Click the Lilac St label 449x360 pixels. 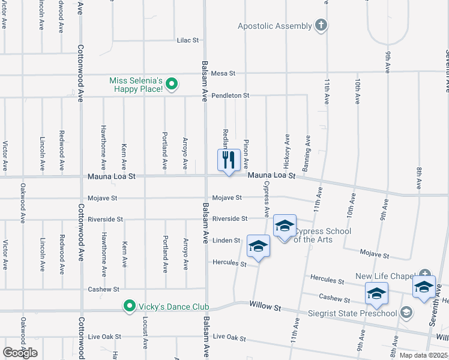pyautogui.click(x=187, y=40)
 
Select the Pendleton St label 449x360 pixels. pyautogui.click(x=230, y=95)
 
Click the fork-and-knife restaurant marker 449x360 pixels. pyautogui.click(x=228, y=160)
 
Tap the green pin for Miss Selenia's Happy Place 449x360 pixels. pyautogui.click(x=171, y=84)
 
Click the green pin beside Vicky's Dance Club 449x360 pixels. pyautogui.click(x=128, y=307)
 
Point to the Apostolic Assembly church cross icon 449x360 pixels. pyautogui.click(x=322, y=25)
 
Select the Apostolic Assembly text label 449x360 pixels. pyautogui.click(x=275, y=26)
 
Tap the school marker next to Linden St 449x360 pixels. pyautogui.click(x=259, y=246)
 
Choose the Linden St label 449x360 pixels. pyautogui.click(x=226, y=241)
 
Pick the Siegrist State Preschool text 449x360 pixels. pyautogui.click(x=360, y=313)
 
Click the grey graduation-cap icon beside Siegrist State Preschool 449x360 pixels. pyautogui.click(x=406, y=312)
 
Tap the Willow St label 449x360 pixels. pyautogui.click(x=265, y=307)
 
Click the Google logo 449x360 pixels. pyautogui.click(x=20, y=352)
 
